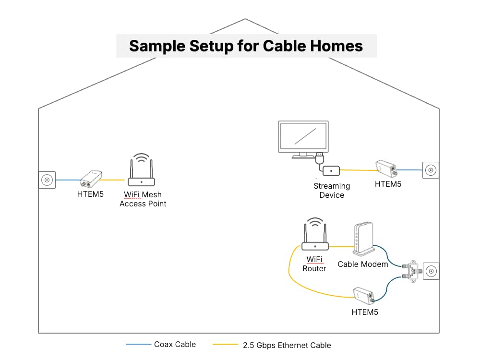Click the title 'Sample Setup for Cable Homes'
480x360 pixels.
coord(246,46)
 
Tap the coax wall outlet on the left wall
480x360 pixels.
coord(47,180)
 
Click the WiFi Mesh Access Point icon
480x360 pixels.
coord(141,173)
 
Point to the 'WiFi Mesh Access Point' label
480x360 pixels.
coord(143,199)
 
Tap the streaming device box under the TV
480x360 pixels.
coord(331,170)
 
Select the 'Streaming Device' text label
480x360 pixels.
coord(332,191)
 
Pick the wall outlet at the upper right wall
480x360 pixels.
coord(431,170)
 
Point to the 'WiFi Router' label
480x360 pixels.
coord(314,264)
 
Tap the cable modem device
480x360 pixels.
coord(363,239)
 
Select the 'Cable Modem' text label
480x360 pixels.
coord(362,264)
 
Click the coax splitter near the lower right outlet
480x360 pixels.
coord(412,271)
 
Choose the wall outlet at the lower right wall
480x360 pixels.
coord(431,272)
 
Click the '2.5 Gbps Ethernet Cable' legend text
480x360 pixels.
coord(287,345)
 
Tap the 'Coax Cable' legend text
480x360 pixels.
coord(175,344)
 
